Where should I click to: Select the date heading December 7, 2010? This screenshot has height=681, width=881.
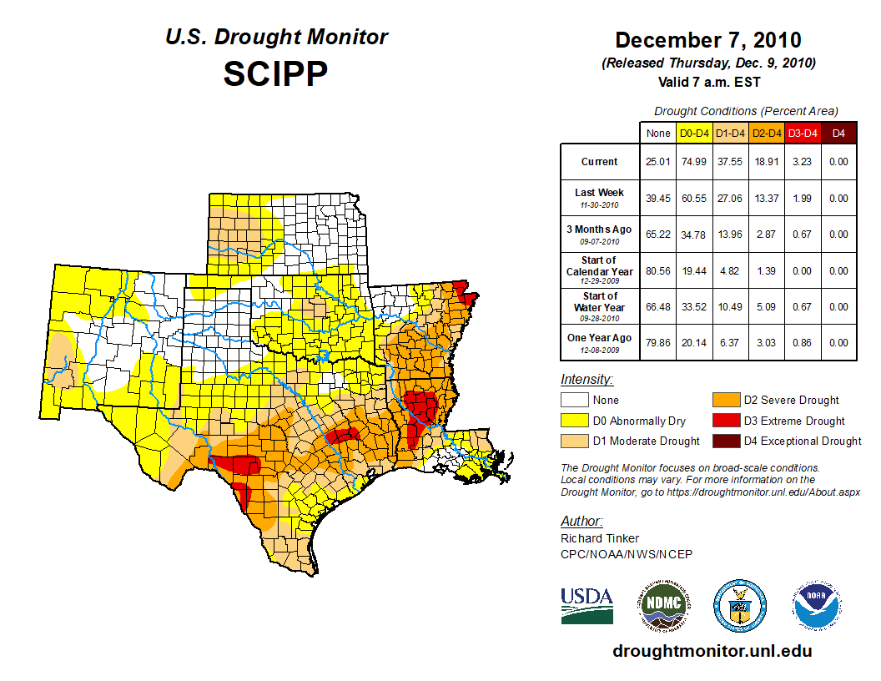[x=707, y=40]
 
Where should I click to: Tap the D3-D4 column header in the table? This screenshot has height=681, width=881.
[x=802, y=133]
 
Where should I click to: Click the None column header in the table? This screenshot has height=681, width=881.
[x=657, y=133]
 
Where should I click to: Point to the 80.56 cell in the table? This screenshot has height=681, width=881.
[x=657, y=271]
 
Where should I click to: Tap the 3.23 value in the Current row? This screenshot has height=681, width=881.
[x=802, y=162]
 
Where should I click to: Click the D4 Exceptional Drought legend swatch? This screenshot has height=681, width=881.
[x=726, y=441]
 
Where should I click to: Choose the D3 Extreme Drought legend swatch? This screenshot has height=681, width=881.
[x=726, y=421]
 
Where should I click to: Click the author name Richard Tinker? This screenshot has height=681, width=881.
[x=600, y=538]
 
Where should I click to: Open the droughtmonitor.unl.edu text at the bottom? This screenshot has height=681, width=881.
[x=712, y=651]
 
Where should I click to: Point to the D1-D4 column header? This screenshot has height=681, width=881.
[x=730, y=133]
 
